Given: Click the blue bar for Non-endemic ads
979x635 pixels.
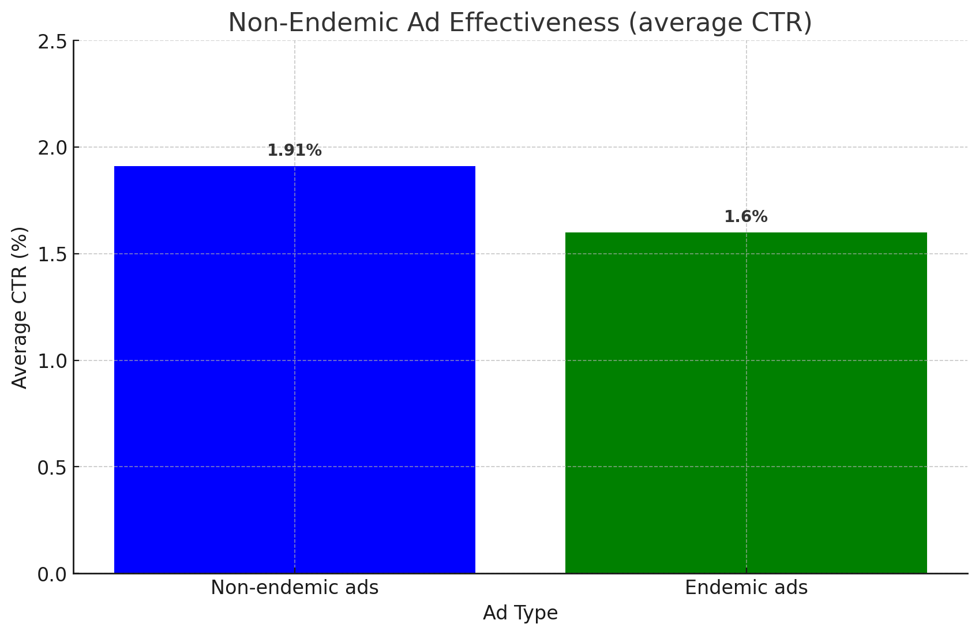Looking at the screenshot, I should pyautogui.click(x=294, y=369).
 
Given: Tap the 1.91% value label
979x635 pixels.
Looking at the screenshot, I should pyautogui.click(x=294, y=151).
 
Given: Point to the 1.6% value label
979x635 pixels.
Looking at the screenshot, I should pyautogui.click(x=745, y=217).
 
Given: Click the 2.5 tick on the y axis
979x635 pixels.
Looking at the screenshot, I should pyautogui.click(x=51, y=42).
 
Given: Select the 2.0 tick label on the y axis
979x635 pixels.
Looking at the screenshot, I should pyautogui.click(x=51, y=148).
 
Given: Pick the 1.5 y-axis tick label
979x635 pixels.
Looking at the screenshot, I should pyautogui.click(x=51, y=254).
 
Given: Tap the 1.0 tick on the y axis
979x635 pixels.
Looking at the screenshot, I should pyautogui.click(x=51, y=361).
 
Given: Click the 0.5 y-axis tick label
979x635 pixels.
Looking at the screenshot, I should pyautogui.click(x=51, y=467).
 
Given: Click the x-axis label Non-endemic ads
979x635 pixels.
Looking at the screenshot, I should pyautogui.click(x=294, y=588).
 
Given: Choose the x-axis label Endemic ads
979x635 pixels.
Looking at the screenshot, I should pyautogui.click(x=746, y=588).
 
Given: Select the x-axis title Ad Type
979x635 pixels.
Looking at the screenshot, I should pyautogui.click(x=520, y=613).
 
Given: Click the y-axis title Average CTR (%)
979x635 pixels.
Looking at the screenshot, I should pyautogui.click(x=20, y=307).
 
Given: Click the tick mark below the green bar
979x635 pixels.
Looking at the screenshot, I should pyautogui.click(x=746, y=571).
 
